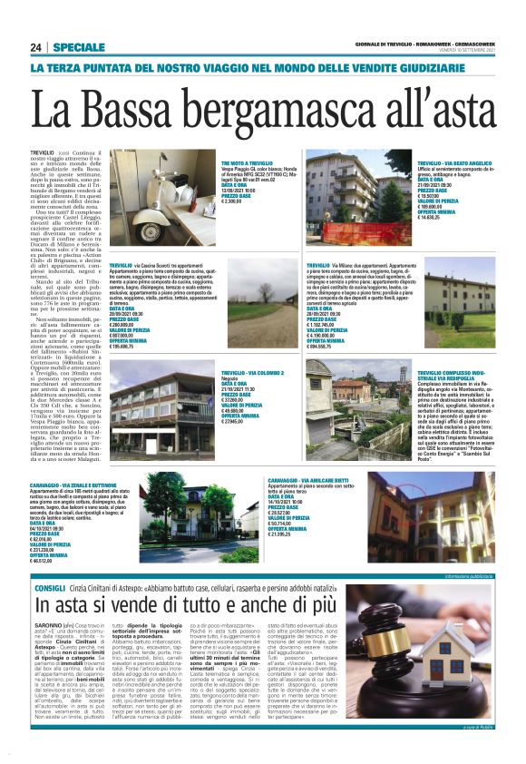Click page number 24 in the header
[x=36, y=46]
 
